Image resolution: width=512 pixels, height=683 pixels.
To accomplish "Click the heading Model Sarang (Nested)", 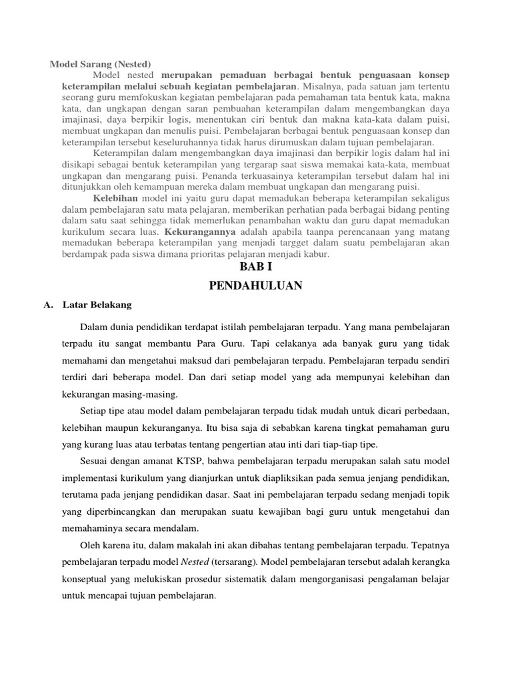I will pyautogui.click(x=101, y=64).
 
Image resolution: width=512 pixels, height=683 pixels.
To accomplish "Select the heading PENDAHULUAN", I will pyautogui.click(x=256, y=286).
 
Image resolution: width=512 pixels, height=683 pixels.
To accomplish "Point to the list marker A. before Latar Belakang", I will pyautogui.click(x=47, y=305).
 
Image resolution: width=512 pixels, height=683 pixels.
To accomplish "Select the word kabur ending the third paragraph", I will pyautogui.click(x=316, y=254).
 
